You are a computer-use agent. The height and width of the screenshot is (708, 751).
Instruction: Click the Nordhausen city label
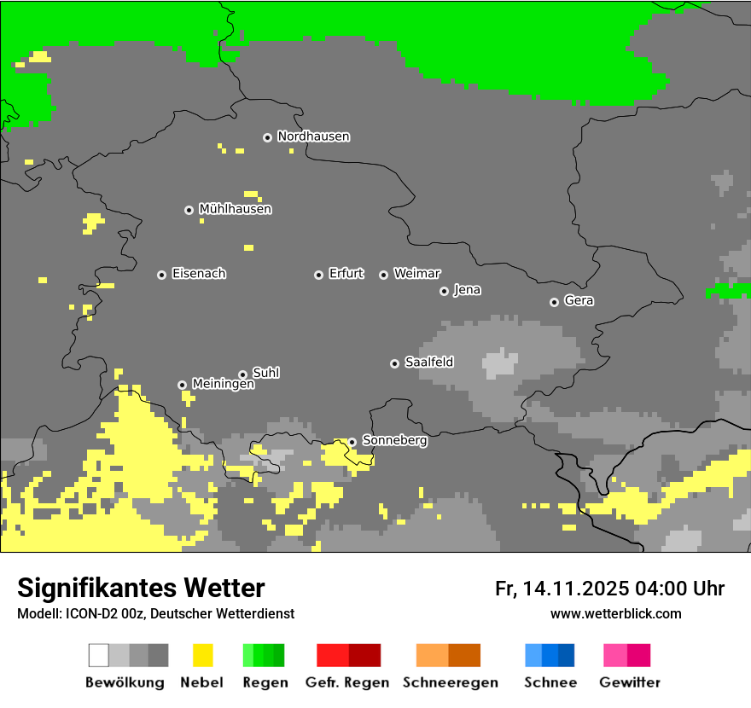coord(313,136)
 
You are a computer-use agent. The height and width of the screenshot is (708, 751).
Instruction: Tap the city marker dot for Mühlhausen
coord(189,210)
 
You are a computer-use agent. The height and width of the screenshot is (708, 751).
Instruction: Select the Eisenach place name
coord(199,274)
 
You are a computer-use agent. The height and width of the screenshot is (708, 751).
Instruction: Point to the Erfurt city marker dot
coord(318,275)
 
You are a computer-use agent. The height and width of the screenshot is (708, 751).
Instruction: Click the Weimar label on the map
coord(416,274)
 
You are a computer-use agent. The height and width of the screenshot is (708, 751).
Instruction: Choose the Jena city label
coord(467,290)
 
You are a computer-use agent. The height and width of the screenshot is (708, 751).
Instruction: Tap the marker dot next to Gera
coord(554,302)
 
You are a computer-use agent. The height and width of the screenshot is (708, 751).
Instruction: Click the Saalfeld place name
coord(428,363)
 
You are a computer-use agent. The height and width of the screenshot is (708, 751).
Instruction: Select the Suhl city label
coord(265,373)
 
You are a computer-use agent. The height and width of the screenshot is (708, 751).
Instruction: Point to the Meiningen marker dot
coord(182,385)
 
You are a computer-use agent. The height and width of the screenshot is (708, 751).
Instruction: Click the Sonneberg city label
coord(394,441)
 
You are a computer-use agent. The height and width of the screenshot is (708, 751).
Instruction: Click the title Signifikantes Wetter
coord(141,588)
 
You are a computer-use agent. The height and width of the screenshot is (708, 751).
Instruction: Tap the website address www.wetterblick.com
coord(615,613)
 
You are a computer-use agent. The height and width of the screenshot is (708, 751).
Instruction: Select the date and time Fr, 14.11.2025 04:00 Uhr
coord(609,589)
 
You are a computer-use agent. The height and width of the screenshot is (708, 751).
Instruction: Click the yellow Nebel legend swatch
coord(202,655)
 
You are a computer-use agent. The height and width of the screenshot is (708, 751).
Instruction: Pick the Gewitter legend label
coord(629,682)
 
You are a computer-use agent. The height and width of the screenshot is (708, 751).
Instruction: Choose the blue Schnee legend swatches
coord(550,655)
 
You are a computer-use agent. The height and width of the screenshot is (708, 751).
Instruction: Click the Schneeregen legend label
coord(450,682)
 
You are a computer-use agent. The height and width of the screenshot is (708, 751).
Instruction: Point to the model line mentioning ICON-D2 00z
coord(155,613)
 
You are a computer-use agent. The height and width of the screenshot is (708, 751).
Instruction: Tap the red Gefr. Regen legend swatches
coord(348,655)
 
